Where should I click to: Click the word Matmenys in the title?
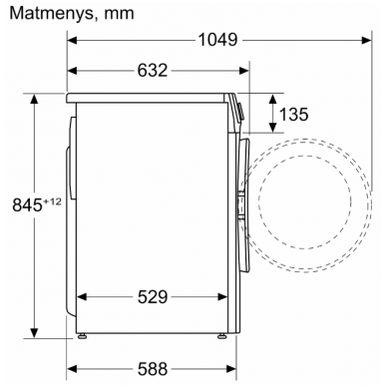pyautogui.click(x=52, y=14)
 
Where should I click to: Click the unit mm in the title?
pyautogui.click(x=119, y=15)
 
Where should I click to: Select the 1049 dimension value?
pyautogui.click(x=217, y=40)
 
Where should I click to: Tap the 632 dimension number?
pyautogui.click(x=153, y=71)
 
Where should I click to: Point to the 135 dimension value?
pyautogui.click(x=293, y=114)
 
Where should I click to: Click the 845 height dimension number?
pyautogui.click(x=27, y=204)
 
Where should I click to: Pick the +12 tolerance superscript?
pyautogui.click(x=52, y=201)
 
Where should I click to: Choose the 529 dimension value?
pyautogui.click(x=153, y=297)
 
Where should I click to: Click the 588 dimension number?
pyautogui.click(x=153, y=369)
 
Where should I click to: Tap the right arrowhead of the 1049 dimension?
pyautogui.click(x=366, y=40)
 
